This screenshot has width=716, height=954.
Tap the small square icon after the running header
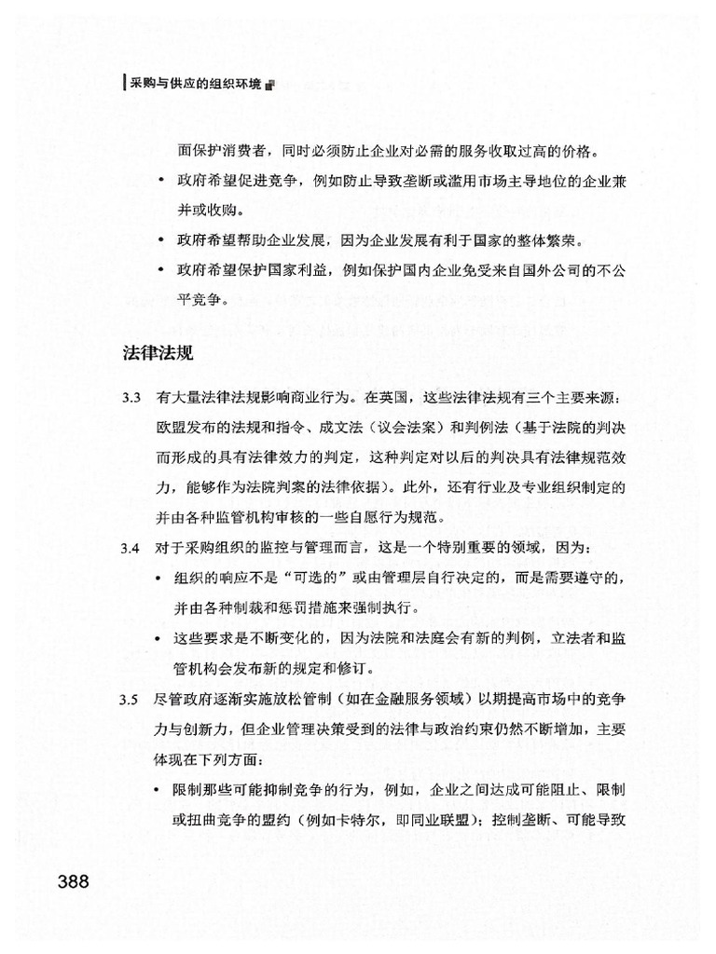click(269, 86)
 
